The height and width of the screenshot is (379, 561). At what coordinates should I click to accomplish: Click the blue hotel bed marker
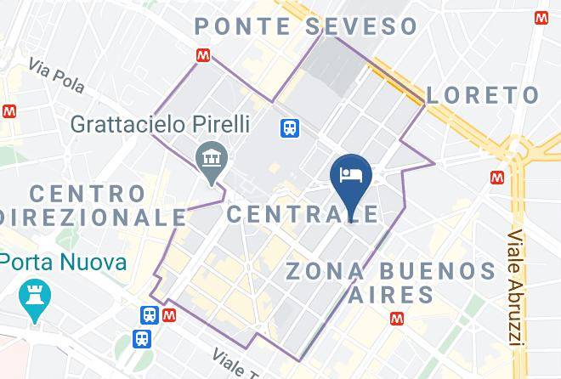(x=351, y=174)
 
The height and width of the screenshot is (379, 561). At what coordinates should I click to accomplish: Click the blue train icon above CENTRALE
(x=291, y=127)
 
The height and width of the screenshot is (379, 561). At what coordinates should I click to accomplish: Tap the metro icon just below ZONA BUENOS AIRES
(x=396, y=319)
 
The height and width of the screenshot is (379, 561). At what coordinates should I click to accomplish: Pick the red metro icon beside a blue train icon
(x=169, y=314)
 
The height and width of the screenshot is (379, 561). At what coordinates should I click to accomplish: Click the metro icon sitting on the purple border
(x=202, y=55)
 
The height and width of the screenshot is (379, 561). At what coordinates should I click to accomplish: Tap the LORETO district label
(x=482, y=94)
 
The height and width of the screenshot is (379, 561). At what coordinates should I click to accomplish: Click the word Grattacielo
(x=127, y=124)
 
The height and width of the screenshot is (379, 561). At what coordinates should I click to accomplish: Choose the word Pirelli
(x=218, y=124)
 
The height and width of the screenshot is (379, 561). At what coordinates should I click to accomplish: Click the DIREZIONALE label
(x=93, y=217)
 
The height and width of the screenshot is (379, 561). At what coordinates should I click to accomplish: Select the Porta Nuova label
(x=64, y=261)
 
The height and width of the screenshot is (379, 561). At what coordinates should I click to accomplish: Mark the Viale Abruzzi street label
(x=515, y=289)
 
